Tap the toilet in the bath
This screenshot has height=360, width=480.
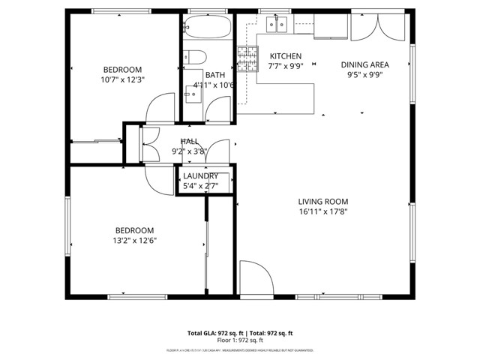click(194, 57)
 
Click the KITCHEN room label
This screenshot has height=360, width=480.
click(285, 56)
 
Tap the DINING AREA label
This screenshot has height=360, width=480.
click(364, 64)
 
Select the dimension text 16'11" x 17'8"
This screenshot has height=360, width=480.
click(323, 211)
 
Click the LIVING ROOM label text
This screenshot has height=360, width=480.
click(323, 201)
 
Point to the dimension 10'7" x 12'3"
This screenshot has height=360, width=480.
click(121, 79)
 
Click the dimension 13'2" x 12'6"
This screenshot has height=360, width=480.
click(134, 241)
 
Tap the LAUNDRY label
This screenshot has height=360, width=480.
click(201, 175)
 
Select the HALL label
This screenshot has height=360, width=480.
click(189, 141)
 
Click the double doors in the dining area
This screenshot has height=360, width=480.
click(378, 28)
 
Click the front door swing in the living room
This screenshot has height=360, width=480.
click(255, 279)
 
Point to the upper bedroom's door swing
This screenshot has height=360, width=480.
click(160, 109)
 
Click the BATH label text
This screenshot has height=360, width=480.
click(215, 75)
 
